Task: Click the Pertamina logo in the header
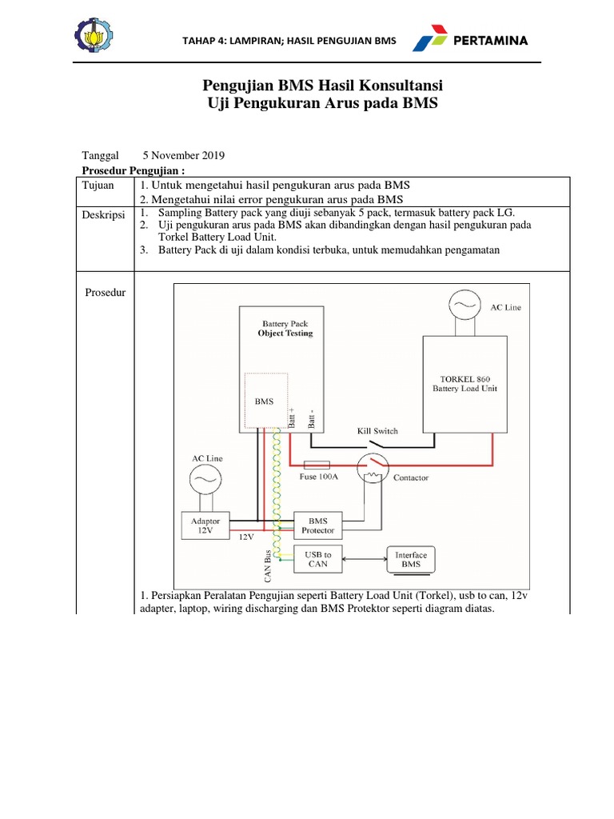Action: (x=470, y=40)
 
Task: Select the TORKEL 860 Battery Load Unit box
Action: (x=465, y=382)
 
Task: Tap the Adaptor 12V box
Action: (x=205, y=525)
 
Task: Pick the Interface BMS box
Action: (x=411, y=559)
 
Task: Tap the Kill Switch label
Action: (x=377, y=431)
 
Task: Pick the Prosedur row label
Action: (x=106, y=292)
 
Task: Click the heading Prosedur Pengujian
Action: (x=134, y=170)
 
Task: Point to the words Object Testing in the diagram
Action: (x=285, y=333)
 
